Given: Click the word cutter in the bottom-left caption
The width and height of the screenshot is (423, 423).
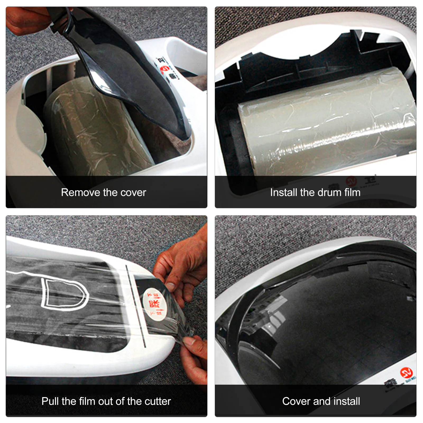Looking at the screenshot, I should click(x=158, y=401).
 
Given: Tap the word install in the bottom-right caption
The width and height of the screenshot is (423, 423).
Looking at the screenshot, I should click(x=347, y=401).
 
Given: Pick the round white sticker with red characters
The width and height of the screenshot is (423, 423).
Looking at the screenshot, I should click(x=154, y=304).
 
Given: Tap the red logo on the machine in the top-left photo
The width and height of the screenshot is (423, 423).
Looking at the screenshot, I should click(x=163, y=69).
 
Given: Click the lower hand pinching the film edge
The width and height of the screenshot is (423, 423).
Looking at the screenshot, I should click(x=194, y=357).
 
